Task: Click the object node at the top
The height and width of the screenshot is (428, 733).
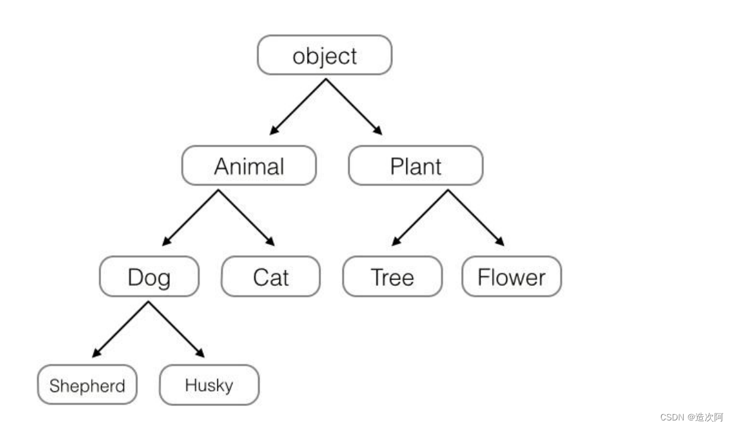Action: click(x=324, y=56)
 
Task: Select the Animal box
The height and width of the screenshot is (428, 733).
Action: click(x=248, y=166)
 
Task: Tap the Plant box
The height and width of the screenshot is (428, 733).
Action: click(x=415, y=166)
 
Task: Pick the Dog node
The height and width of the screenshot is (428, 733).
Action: click(x=149, y=277)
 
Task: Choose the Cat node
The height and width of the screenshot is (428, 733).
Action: click(x=270, y=277)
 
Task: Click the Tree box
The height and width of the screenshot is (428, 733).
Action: click(x=392, y=277)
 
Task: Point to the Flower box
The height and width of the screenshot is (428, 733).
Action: click(x=511, y=277)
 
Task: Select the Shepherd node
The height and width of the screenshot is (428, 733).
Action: click(x=87, y=385)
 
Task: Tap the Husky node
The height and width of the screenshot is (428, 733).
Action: click(x=209, y=385)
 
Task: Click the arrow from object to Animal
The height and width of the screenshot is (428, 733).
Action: click(x=298, y=106)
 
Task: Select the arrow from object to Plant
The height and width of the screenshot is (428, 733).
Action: click(x=353, y=106)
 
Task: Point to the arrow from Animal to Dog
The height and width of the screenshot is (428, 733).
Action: click(x=191, y=217)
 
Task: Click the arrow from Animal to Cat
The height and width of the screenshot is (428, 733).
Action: click(x=246, y=217)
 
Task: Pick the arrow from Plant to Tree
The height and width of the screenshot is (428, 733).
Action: click(x=420, y=217)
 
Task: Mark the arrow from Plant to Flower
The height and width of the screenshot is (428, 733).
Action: click(x=476, y=217)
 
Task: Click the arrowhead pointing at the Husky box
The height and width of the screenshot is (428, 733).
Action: click(x=201, y=353)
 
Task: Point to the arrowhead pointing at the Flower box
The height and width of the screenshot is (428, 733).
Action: click(x=500, y=241)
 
